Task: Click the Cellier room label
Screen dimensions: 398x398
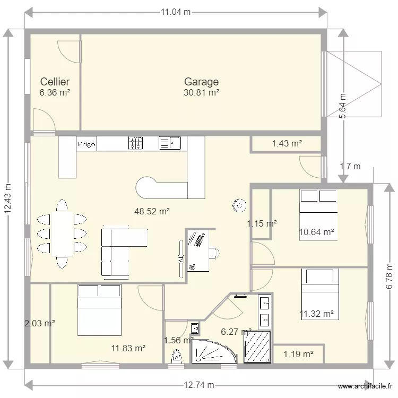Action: [55, 82]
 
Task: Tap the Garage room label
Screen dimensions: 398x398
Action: [201, 82]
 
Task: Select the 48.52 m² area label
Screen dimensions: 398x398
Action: [152, 211]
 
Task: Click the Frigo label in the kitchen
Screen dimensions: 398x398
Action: [86, 144]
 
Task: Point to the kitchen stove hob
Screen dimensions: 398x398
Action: [136, 143]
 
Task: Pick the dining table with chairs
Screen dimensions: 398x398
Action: [62, 234]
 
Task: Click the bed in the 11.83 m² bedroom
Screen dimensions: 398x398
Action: [99, 310]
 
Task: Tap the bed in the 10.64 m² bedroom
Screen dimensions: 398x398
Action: [318, 215]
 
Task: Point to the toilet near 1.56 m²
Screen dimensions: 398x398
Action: [177, 358]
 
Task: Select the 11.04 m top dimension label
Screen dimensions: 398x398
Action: [176, 12]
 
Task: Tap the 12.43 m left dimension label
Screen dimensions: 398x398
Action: [7, 200]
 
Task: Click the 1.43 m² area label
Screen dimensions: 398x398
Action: [287, 143]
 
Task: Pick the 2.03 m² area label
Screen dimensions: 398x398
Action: [40, 323]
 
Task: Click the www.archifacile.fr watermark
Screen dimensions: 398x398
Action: [366, 386]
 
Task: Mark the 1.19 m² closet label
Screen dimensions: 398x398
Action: [298, 354]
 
